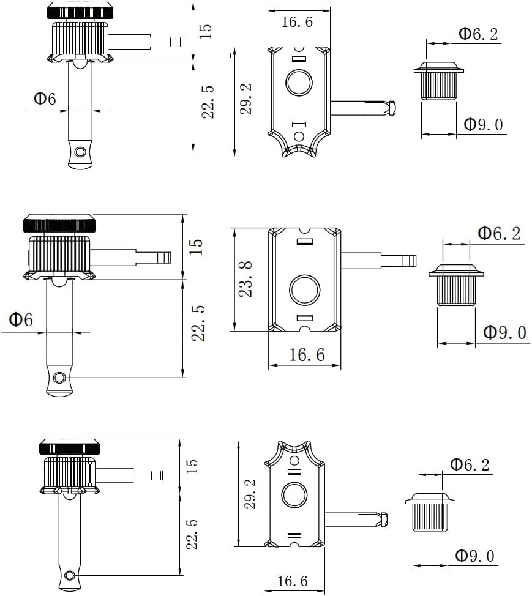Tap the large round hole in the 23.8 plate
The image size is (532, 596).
tap(304, 289)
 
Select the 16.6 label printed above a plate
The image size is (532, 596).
tap(298, 23)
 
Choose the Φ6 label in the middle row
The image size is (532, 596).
tap(21, 319)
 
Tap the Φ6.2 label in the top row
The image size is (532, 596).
tap(478, 34)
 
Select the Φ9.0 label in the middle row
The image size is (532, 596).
tap(504, 333)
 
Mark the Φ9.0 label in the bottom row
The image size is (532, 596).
tap(474, 556)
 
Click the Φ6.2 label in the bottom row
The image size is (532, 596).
tap(470, 464)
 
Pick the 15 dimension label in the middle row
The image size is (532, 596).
tap(195, 247)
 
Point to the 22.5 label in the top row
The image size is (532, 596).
tap(208, 102)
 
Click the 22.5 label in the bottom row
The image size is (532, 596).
tap(192, 534)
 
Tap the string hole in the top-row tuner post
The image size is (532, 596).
tap(79, 151)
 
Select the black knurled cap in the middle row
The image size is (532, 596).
tap(59, 224)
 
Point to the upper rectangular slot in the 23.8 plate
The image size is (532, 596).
tap(304, 242)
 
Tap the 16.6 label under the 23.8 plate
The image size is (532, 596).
tap(307, 355)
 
